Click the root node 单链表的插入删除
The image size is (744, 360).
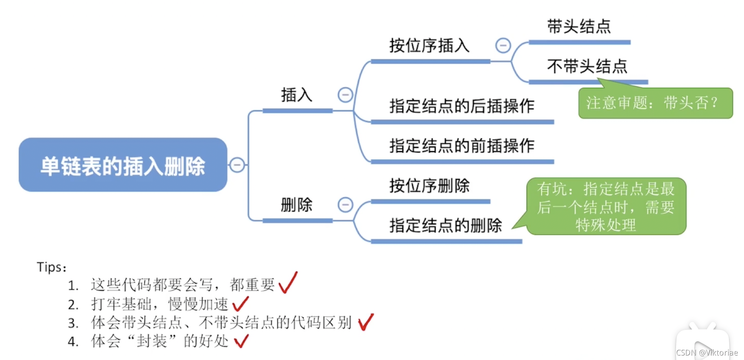(123, 165)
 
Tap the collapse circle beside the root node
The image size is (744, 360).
(237, 165)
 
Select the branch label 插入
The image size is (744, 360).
(296, 95)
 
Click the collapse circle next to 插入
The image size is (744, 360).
(346, 95)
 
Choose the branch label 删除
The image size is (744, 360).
(296, 204)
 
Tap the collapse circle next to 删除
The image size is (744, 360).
(346, 204)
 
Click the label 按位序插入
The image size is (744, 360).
(429, 46)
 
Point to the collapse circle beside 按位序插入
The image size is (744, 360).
(503, 45)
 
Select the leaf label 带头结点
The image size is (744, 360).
(579, 26)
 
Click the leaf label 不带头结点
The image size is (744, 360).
(587, 66)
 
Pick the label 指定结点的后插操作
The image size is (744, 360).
(462, 106)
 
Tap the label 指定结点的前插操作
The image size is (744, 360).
(462, 145)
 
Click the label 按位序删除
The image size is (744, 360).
(429, 186)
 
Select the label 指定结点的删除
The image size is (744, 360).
(445, 225)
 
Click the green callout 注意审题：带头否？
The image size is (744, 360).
(655, 103)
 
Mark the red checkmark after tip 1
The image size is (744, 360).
(288, 283)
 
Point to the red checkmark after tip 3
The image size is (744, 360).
(365, 322)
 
